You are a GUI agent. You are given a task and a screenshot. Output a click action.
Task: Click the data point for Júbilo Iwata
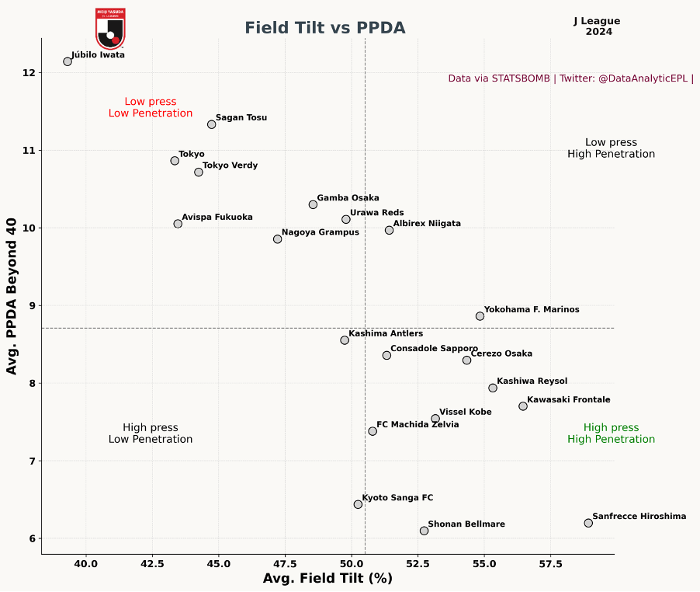68,61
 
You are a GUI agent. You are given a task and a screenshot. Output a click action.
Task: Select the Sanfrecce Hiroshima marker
588,523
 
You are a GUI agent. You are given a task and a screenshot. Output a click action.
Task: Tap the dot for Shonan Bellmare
424,531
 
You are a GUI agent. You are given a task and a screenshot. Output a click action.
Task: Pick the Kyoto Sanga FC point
358,504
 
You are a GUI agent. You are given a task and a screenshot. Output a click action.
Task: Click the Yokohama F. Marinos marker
480,316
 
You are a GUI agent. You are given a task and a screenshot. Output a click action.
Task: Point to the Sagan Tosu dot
212,124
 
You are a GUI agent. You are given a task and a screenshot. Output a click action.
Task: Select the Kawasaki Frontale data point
523,406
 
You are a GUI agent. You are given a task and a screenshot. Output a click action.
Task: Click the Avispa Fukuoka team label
217,218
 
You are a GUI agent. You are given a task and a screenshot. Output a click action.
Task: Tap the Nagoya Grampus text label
320,232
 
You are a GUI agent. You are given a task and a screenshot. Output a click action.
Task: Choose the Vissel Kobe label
465,412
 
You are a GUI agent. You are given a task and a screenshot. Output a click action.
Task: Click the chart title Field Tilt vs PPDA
325,28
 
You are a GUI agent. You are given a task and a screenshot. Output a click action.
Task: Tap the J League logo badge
110,29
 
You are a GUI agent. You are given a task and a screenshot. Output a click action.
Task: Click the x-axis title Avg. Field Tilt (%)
327,579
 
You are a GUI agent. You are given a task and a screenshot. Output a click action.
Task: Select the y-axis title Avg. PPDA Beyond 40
12,296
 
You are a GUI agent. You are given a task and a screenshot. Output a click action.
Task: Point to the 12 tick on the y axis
29,73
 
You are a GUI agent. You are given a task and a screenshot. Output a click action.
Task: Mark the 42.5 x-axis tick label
152,562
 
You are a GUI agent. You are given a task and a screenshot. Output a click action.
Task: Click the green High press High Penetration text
611,434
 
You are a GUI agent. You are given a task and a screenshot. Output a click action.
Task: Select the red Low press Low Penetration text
151,107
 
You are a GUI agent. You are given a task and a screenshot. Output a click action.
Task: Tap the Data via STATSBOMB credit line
570,78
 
